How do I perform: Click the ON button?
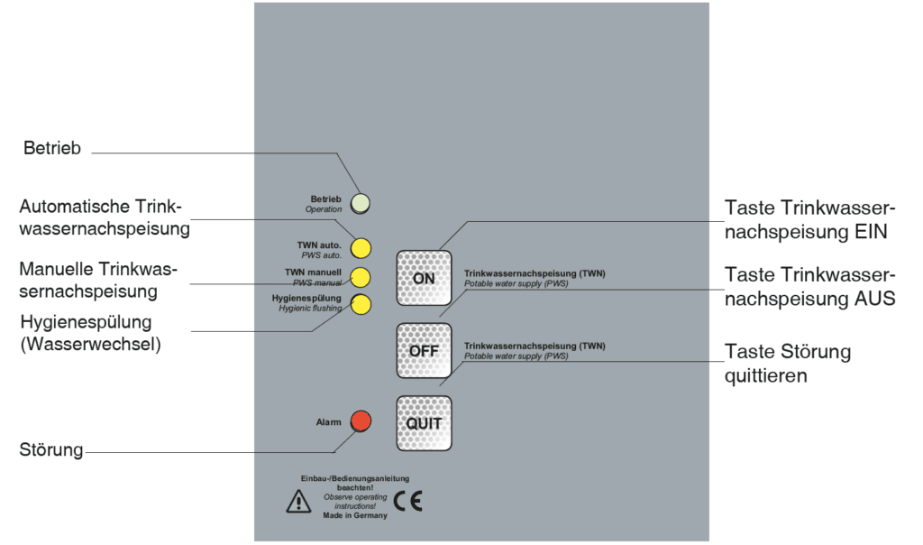[424, 278]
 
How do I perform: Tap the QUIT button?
[424, 423]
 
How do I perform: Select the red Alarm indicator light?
[361, 420]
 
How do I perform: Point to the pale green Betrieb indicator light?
[361, 203]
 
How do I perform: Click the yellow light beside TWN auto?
[361, 247]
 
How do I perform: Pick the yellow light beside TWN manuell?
[361, 277]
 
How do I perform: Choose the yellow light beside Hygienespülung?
[361, 304]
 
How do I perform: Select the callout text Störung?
[51, 448]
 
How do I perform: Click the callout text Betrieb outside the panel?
[52, 149]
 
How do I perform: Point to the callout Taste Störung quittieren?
[787, 362]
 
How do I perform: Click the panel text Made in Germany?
[355, 516]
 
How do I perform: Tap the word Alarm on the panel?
[329, 421]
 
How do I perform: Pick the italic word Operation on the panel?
[324, 209]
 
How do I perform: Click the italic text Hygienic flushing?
[310, 309]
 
